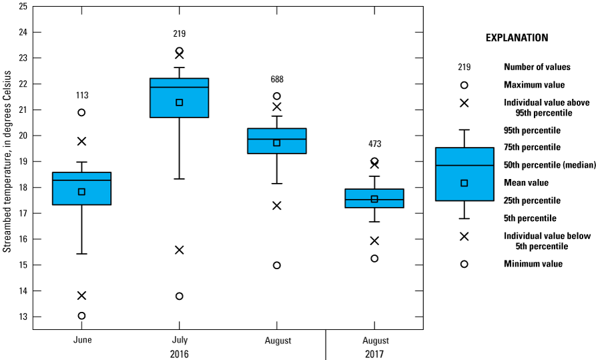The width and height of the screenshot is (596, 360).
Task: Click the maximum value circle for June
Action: [81, 112]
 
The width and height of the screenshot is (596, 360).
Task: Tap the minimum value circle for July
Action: [180, 296]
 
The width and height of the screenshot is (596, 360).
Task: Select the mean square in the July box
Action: [180, 102]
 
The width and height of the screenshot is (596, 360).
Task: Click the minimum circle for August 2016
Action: [277, 265]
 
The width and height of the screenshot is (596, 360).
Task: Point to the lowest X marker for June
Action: [81, 295]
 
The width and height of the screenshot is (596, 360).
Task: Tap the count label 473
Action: [374, 144]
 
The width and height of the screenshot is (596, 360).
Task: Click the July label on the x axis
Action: [180, 340]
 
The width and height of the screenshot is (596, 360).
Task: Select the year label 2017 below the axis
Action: [374, 353]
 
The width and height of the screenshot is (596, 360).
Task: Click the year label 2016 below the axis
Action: [180, 353]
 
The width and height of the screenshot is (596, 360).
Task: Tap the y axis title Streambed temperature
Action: [7, 164]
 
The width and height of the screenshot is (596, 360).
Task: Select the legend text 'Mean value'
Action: [526, 182]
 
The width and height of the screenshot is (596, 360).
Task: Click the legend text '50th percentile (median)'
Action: [547, 164]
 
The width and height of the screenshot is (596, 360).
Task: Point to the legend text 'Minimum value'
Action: [533, 264]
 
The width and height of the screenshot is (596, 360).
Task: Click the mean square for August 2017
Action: [374, 198]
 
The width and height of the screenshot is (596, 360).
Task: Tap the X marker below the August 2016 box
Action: [277, 205]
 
